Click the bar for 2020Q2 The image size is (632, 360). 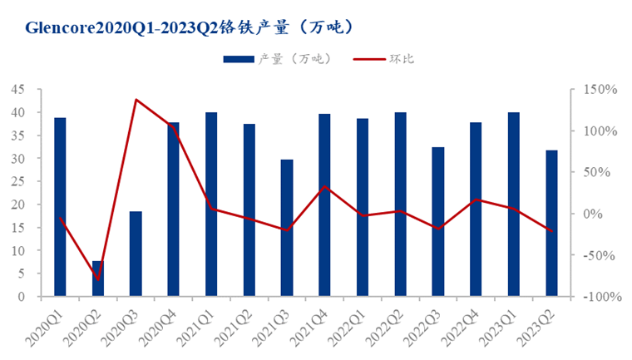coord(98,279)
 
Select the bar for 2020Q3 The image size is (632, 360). coord(136,254)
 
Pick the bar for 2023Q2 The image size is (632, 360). coord(551,223)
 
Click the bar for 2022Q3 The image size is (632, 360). coord(438,221)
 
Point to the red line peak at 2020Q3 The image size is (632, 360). coord(136,100)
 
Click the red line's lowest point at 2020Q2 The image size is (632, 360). coord(98,279)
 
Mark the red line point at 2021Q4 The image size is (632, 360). coord(325,186)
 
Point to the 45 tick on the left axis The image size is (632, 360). coord(17,89)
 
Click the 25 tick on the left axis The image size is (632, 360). coord(17,181)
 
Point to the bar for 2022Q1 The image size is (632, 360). coord(363,208)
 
